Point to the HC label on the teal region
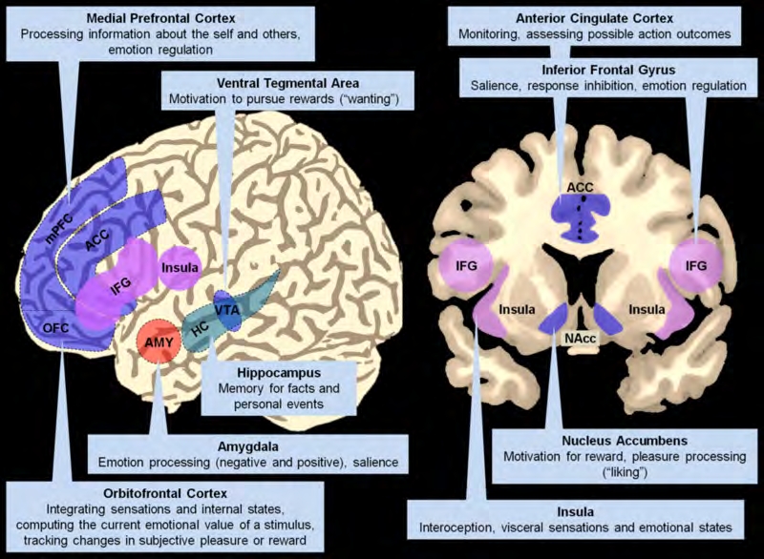[x=197, y=329]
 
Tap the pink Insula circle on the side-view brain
[x=181, y=264]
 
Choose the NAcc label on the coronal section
[x=575, y=338]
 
